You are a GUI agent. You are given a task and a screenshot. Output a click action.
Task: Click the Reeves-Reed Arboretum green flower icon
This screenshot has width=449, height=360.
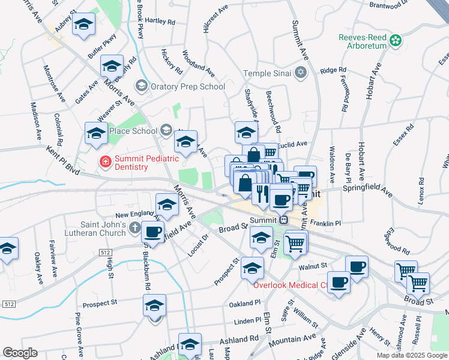[395, 41]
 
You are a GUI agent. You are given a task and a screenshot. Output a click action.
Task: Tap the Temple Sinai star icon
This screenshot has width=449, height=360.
[301, 73]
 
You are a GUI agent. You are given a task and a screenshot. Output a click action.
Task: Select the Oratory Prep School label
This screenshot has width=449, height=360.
[188, 86]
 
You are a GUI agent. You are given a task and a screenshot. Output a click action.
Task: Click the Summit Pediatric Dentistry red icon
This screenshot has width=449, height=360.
[105, 161]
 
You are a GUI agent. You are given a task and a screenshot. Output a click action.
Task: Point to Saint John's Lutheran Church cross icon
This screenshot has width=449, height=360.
[134, 229]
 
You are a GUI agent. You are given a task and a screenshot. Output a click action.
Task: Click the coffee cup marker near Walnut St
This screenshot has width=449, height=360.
[358, 266]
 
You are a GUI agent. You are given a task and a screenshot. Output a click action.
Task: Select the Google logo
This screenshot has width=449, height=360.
[20, 353]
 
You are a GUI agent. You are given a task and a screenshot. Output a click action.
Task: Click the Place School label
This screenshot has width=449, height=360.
[133, 131]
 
